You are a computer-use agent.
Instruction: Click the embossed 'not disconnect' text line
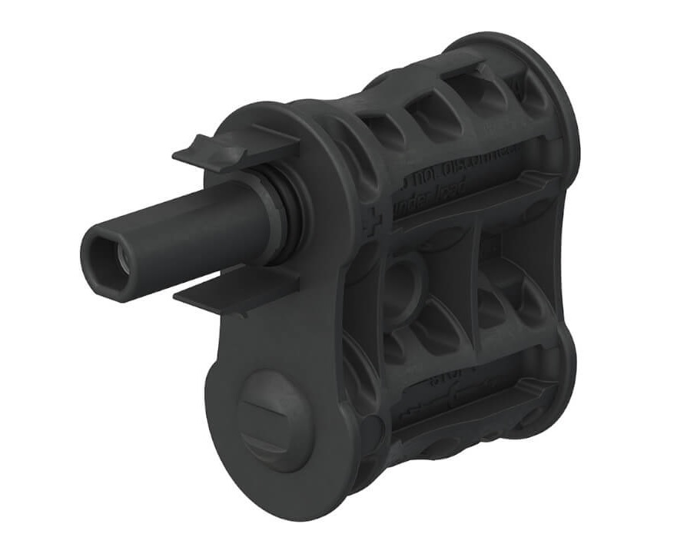click(x=453, y=169)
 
